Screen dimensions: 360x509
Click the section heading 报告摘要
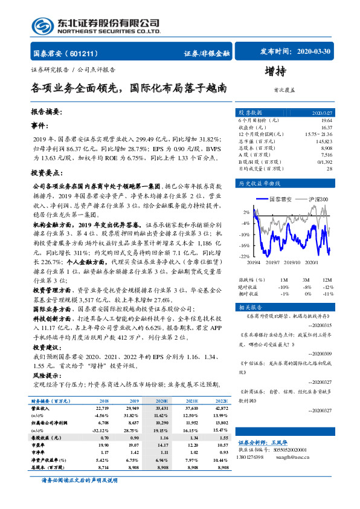click(x=47, y=112)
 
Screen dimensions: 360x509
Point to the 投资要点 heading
click(x=47, y=172)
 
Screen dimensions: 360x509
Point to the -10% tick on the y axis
click(x=245, y=235)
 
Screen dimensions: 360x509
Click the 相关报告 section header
click(x=251, y=306)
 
